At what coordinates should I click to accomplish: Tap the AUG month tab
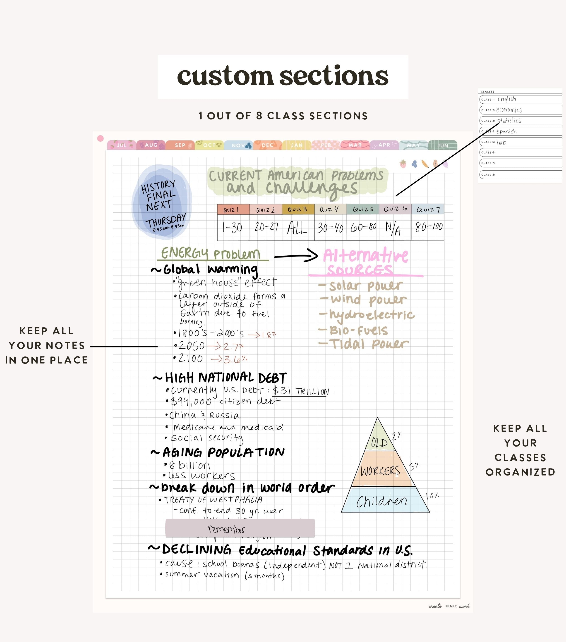pyautogui.click(x=151, y=145)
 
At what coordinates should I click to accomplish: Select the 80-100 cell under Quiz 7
pyautogui.click(x=428, y=227)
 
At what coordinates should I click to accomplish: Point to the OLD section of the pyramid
pyautogui.click(x=379, y=442)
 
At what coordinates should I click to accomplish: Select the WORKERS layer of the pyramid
pyautogui.click(x=380, y=471)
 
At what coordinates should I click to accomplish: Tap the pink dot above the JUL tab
pyautogui.click(x=101, y=138)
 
